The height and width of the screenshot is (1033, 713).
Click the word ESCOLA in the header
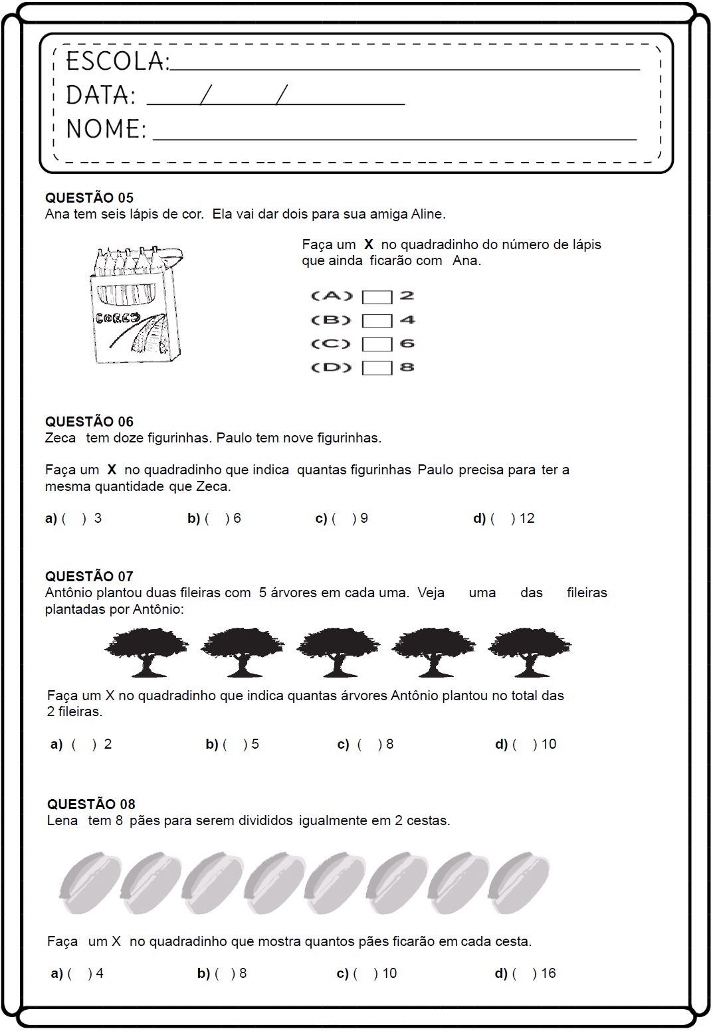click(x=117, y=61)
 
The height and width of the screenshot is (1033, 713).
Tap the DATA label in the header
click(x=100, y=96)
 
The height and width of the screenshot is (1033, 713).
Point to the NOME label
click(x=106, y=129)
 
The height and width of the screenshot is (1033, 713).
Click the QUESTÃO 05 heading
click(x=89, y=198)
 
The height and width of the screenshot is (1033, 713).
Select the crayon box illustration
click(x=137, y=305)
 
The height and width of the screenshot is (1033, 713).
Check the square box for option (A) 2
click(x=377, y=297)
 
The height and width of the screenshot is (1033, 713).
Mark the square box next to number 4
click(x=377, y=321)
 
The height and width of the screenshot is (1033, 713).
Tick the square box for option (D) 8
click(x=377, y=368)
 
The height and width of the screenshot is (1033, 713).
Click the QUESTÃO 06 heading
click(x=89, y=422)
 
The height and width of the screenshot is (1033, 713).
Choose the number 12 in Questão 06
click(x=527, y=518)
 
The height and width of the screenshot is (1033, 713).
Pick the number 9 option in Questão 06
click(x=364, y=518)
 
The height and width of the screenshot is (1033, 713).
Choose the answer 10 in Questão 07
click(x=549, y=744)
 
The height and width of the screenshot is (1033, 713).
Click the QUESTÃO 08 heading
click(x=91, y=804)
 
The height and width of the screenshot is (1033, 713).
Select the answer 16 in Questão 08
click(x=548, y=973)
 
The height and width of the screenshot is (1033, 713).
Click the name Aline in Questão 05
click(x=427, y=214)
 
